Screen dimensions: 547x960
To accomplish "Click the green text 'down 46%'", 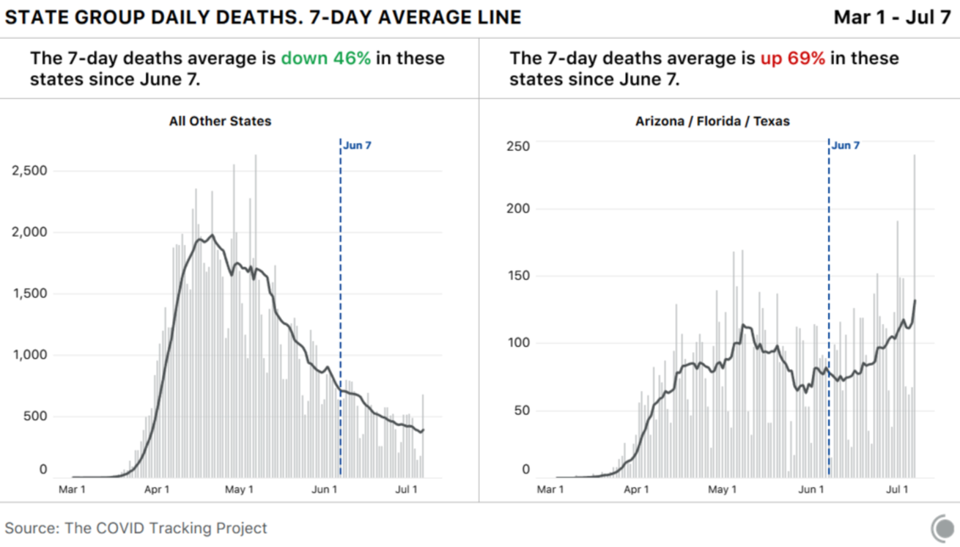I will click(325, 59).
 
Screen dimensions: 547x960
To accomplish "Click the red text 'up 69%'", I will click(792, 59).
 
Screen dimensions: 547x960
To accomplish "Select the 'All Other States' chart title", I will click(220, 121).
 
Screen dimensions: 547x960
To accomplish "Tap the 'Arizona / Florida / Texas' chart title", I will click(712, 121).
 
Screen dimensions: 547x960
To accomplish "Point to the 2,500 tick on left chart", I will click(29, 171).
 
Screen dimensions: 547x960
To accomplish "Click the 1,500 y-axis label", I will click(29, 293).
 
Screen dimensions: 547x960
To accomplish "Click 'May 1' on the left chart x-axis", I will click(239, 489).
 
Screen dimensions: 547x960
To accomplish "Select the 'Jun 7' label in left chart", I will click(358, 145).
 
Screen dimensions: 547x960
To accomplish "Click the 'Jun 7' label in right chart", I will click(846, 145).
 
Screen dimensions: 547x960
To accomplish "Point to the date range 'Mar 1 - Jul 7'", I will click(892, 18).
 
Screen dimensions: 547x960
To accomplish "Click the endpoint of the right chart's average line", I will click(915, 300).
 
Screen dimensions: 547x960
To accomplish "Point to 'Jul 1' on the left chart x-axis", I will click(407, 489).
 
